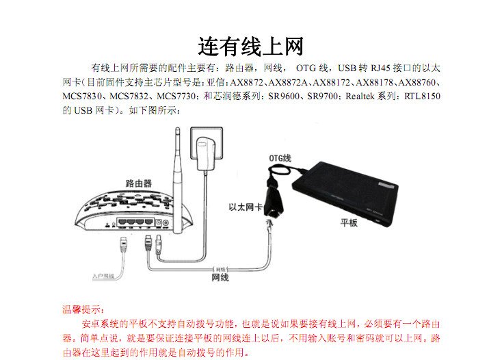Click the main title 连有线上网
coord(250,47)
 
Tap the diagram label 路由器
coord(139,183)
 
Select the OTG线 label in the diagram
coord(280,157)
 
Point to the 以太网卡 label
coord(245,206)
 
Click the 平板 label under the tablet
coord(349,223)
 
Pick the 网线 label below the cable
coord(220,277)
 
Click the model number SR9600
coord(285,97)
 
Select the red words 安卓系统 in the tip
coord(101,323)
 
